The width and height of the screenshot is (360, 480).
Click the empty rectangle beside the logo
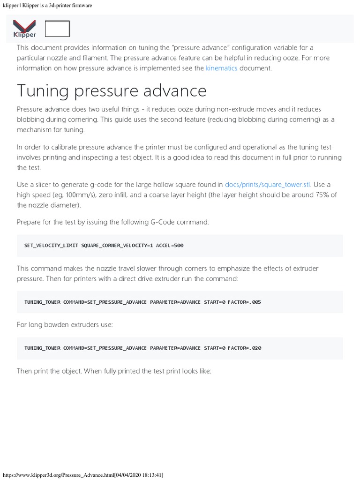[57, 29]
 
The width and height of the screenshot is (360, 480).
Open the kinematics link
[221, 68]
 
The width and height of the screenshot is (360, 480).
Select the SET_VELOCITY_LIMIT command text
[51, 246]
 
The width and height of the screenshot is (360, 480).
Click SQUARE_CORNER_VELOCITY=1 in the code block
[117, 246]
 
